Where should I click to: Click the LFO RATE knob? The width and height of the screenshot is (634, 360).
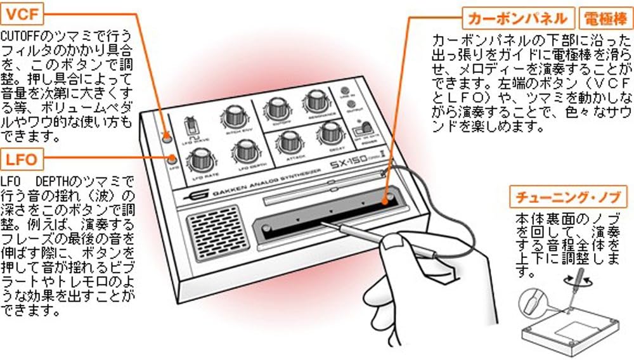(200, 158)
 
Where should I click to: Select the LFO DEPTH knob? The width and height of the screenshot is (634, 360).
(243, 151)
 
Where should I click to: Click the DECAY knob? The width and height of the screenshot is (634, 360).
(330, 132)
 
